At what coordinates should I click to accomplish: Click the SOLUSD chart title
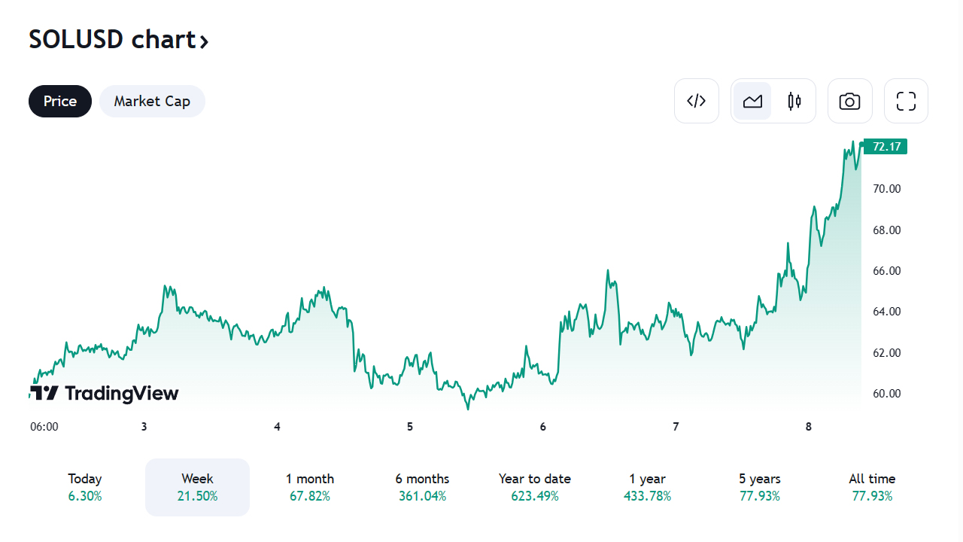(118, 39)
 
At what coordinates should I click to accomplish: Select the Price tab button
(60, 101)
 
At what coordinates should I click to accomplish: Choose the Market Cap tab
(152, 101)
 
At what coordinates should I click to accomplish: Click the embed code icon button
(697, 101)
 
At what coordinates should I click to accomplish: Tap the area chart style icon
(752, 101)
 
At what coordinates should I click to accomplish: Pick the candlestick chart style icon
(794, 101)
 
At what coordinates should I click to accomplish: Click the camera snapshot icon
(850, 101)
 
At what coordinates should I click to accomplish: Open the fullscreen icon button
(906, 101)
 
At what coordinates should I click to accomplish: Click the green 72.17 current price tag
(886, 146)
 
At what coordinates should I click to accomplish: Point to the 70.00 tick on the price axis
(886, 188)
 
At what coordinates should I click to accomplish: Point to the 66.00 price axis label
(886, 270)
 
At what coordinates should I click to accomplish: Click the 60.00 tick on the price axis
(886, 393)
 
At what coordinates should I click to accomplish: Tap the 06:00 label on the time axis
(44, 427)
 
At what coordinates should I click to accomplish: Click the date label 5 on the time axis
(410, 427)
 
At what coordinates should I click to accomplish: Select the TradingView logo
(105, 393)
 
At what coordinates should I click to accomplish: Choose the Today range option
(85, 487)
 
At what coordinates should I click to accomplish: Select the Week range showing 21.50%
(197, 487)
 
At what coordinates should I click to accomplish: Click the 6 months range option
(422, 487)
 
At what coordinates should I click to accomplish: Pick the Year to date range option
(535, 487)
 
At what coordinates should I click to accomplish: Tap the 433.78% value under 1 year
(647, 496)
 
